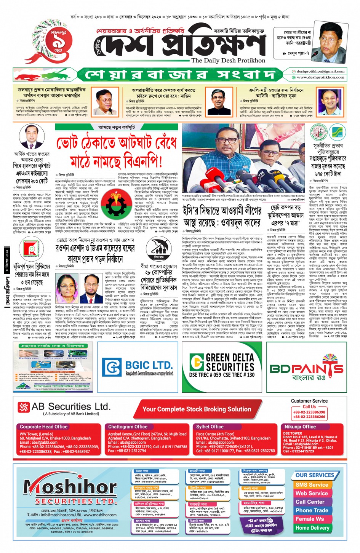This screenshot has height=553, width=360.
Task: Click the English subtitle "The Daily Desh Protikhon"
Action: click(x=228, y=61)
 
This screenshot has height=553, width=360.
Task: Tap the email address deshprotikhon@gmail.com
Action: click(x=320, y=71)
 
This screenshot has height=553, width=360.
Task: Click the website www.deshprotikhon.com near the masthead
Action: click(x=320, y=77)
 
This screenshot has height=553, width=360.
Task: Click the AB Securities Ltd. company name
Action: click(x=71, y=407)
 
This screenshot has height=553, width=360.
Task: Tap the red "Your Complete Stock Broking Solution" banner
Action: click(x=197, y=409)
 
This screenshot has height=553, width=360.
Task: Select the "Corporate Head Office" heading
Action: click(x=44, y=427)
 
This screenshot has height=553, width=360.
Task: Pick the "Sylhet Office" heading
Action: click(x=210, y=427)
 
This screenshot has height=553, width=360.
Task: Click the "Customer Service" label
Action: click(x=309, y=401)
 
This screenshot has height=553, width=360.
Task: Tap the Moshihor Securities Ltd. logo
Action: click(x=70, y=491)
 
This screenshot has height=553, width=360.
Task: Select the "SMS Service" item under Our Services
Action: click(x=312, y=485)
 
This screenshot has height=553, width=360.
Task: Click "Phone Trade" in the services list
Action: click(x=312, y=510)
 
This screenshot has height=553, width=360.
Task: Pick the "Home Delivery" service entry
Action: click(x=312, y=528)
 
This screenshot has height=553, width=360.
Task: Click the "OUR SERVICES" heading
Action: click(x=315, y=475)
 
